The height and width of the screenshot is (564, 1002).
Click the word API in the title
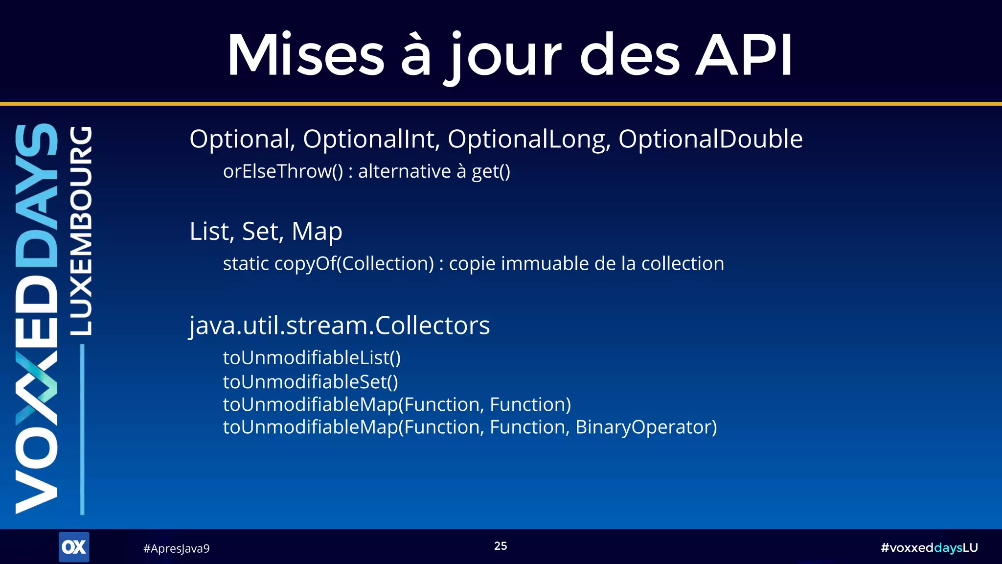click(x=744, y=55)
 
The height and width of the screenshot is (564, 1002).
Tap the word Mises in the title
click(x=306, y=55)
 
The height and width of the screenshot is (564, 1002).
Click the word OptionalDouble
click(x=710, y=139)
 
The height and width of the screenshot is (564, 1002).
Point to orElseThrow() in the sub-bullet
click(x=283, y=171)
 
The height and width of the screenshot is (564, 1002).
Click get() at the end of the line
click(x=491, y=171)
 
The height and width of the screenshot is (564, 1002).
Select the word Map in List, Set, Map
click(x=317, y=231)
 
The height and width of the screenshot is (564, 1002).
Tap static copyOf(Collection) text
click(x=328, y=263)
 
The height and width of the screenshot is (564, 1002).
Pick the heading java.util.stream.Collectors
click(x=340, y=326)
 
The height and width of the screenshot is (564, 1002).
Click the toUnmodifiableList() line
click(x=312, y=358)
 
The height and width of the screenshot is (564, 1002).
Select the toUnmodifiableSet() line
click(x=311, y=382)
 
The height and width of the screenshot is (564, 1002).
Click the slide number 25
click(x=501, y=546)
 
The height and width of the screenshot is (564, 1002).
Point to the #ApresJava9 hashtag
click(x=176, y=548)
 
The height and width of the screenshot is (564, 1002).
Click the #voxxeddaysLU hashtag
click(x=929, y=548)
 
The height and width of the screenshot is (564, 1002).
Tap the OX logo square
click(x=74, y=547)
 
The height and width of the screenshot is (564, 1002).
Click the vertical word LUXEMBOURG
click(x=81, y=230)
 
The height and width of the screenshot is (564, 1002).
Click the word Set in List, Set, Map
click(x=262, y=231)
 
